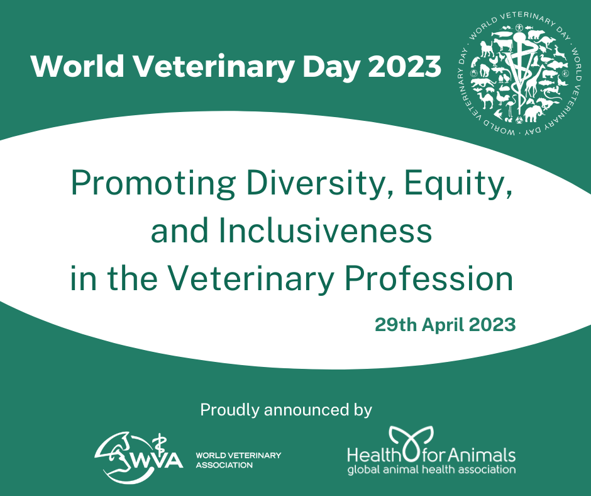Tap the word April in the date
coord(443,325)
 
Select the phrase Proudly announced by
coord(286,410)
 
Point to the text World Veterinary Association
coord(238,460)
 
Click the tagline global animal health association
coord(431,470)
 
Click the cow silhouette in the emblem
coord(503,44)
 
